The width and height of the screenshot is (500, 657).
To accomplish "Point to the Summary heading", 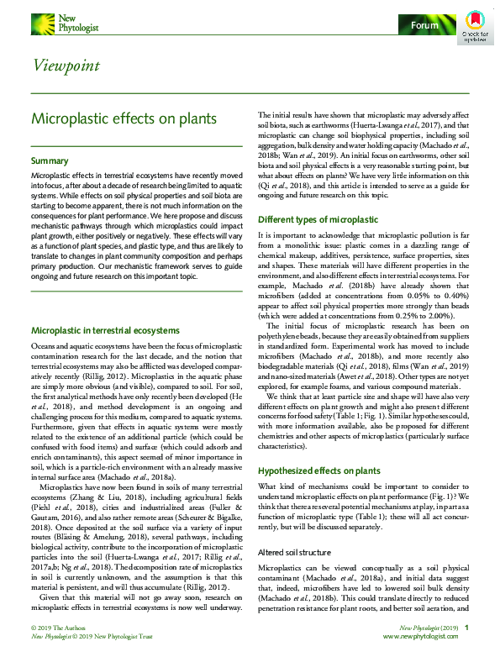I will click(x=50, y=160).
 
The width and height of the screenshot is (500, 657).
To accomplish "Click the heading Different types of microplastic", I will click(x=318, y=219).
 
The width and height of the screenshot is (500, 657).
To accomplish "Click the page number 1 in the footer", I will click(x=466, y=628).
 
